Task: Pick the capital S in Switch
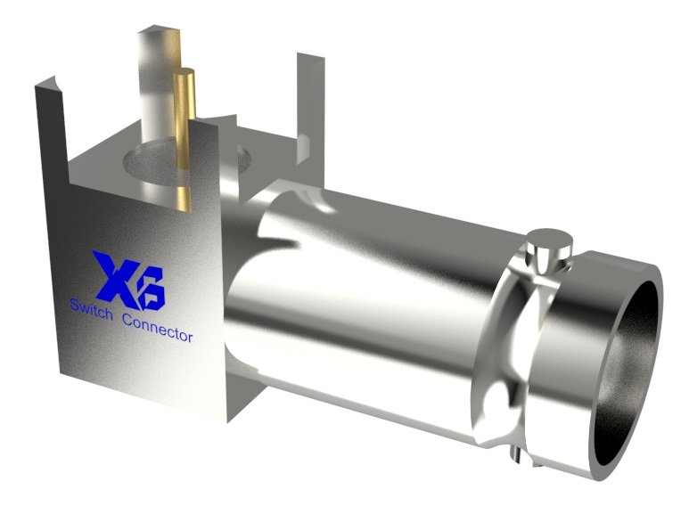click(x=75, y=306)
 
